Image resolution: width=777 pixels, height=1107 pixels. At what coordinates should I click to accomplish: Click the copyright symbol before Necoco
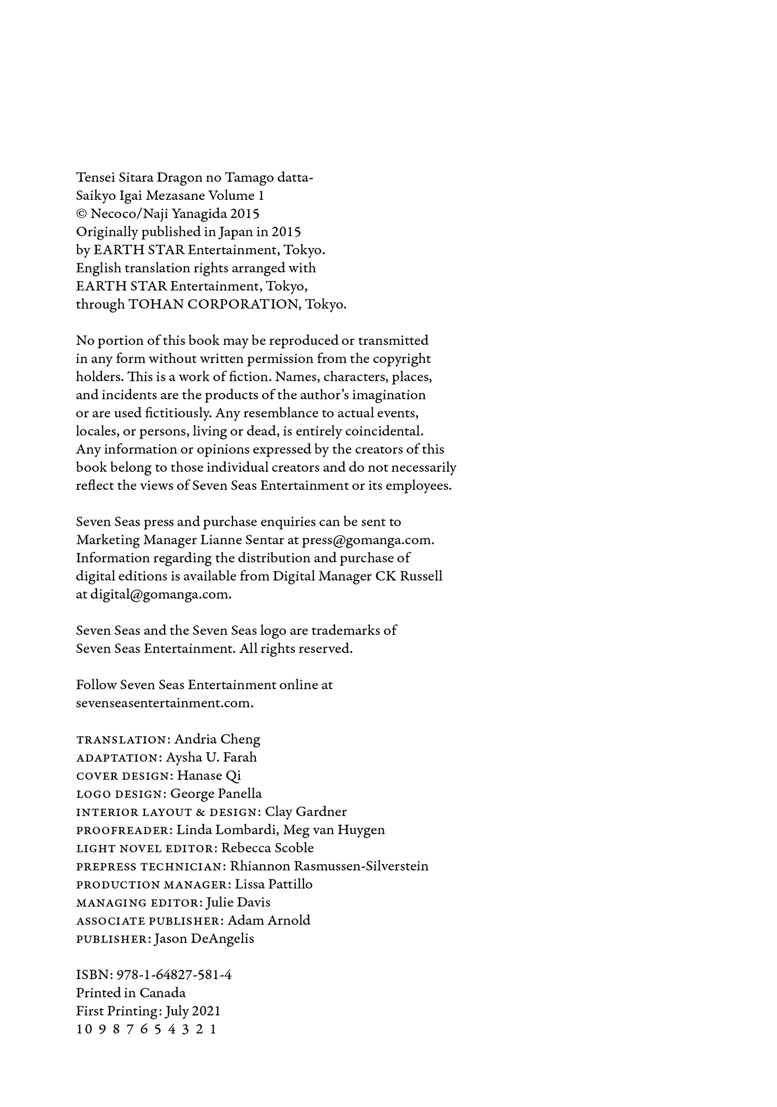click(x=81, y=214)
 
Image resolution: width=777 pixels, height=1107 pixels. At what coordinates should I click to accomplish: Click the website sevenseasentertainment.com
click(x=164, y=703)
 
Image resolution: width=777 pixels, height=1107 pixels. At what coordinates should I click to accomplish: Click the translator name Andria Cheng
click(x=217, y=739)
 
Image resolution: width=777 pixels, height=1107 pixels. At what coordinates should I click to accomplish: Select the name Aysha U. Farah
click(x=211, y=757)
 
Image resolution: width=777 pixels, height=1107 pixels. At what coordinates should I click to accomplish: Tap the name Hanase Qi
click(x=209, y=775)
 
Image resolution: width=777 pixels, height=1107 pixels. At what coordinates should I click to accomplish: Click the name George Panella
click(x=216, y=794)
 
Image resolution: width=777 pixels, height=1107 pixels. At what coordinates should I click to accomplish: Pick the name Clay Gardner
click(x=306, y=811)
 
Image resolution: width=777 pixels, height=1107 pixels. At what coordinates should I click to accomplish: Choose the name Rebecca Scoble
click(x=267, y=848)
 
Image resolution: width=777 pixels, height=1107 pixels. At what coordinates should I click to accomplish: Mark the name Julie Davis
click(x=238, y=902)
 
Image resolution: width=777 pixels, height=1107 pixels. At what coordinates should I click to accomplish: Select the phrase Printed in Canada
click(x=131, y=993)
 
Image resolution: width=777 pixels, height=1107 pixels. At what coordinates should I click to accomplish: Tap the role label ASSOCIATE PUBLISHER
click(x=149, y=921)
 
